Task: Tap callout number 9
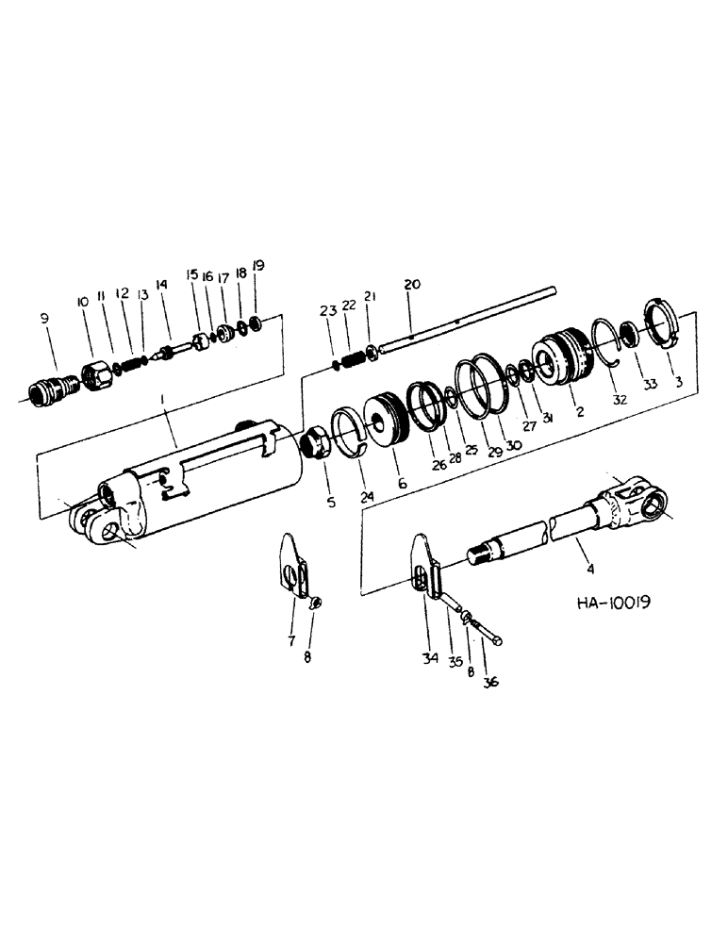pos(44,320)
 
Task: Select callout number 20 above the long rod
pos(411,284)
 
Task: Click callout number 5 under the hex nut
pos(331,503)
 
